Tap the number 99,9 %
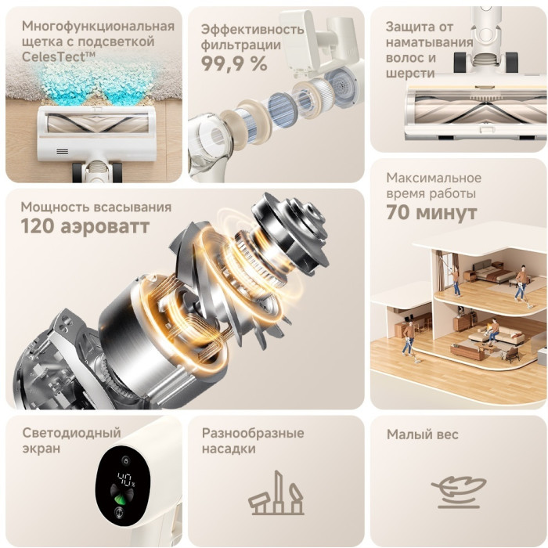click(x=234, y=63)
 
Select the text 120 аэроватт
click(x=85, y=226)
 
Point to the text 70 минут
click(x=431, y=212)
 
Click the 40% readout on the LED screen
click(x=126, y=479)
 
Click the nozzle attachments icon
click(x=276, y=492)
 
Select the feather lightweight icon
click(x=459, y=492)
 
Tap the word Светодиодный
click(x=72, y=433)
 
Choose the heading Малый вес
click(x=422, y=434)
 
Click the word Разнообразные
click(x=253, y=434)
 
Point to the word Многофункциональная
click(x=98, y=26)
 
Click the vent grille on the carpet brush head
click(x=62, y=151)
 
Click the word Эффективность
click(x=252, y=30)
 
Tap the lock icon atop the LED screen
click(x=125, y=460)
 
